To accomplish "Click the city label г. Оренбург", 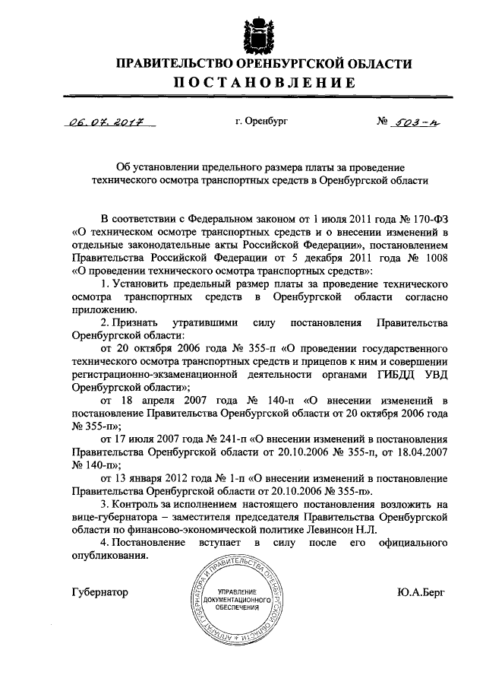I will (262, 120).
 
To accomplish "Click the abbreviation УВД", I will (433, 373).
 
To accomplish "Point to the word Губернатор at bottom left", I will (100, 591).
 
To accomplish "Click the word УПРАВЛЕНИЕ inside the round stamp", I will (238, 591).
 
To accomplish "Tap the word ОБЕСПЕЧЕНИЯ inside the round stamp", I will (238, 607).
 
